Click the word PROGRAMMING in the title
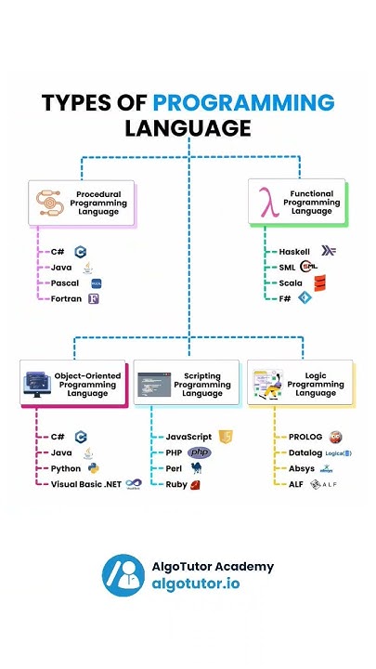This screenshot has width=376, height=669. [243, 102]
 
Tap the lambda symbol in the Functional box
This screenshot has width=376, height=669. [270, 203]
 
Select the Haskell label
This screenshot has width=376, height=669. [296, 252]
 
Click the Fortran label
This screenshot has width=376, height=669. [67, 299]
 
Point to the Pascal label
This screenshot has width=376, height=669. [65, 283]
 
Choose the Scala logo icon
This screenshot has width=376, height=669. [319, 283]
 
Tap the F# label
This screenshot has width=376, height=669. [286, 299]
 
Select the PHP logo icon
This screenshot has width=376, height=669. [200, 453]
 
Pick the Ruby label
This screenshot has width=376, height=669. [176, 484]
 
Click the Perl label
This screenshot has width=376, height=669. [175, 468]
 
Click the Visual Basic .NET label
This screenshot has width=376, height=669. [85, 484]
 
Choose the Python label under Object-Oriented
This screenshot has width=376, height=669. [65, 468]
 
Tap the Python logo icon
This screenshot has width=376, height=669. [91, 468]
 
